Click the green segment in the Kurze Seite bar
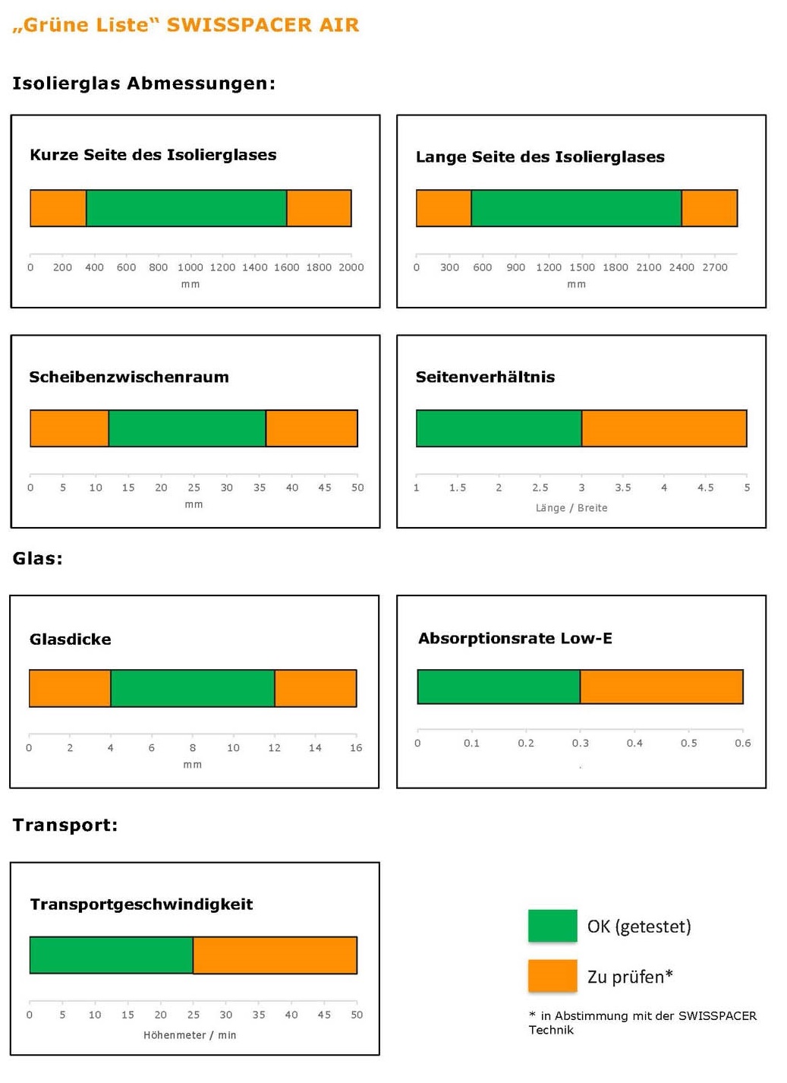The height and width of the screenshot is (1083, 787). point(186,208)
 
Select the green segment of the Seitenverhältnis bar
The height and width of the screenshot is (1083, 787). point(499,428)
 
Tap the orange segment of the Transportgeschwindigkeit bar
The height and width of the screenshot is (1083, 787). point(275,955)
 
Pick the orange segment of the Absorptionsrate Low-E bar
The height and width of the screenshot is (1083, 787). point(661,687)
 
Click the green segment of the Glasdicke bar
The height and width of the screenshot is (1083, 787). point(193,688)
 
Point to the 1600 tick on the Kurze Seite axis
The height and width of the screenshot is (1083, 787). point(287,267)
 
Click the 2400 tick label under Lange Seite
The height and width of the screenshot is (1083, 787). point(682,267)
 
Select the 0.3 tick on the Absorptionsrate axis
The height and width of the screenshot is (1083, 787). point(581,743)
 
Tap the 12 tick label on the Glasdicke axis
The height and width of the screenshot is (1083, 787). point(274,748)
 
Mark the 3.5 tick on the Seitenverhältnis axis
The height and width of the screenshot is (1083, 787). point(623,488)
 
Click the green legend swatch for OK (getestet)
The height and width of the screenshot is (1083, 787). point(552,926)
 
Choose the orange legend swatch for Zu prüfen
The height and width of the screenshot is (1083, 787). point(552,976)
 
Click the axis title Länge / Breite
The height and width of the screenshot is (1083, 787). point(571,508)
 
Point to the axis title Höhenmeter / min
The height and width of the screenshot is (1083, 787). point(190,1035)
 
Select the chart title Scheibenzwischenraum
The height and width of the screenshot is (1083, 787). point(129,377)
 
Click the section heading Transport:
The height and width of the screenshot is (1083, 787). point(65,825)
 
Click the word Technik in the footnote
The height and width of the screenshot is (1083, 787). point(551,1030)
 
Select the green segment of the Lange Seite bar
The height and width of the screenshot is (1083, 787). point(576,208)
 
